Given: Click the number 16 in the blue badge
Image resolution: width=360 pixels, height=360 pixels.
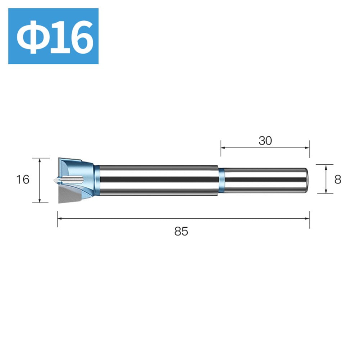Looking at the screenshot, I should [70, 37].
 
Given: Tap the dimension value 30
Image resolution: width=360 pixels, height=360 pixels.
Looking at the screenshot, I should [265, 141].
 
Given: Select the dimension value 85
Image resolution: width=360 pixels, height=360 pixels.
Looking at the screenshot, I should [181, 232].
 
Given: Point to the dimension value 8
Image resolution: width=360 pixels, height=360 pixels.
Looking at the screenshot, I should [337, 179].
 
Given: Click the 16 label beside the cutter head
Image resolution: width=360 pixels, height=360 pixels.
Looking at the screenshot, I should [23, 179].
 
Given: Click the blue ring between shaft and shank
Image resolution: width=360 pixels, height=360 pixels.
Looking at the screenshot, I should [222, 180].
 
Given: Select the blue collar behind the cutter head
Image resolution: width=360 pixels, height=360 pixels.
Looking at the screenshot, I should [97, 180].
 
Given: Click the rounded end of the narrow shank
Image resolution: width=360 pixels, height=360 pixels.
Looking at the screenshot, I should [306, 180].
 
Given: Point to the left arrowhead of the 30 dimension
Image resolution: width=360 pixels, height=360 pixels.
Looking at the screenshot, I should [222, 147].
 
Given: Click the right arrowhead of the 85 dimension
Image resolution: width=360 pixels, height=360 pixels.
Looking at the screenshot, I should [308, 218].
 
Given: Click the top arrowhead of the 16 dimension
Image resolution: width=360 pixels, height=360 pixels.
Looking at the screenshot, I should [39, 160].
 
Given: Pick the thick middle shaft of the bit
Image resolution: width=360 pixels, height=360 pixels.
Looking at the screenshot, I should [158, 180].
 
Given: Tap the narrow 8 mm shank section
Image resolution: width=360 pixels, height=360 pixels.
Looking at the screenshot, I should [264, 180].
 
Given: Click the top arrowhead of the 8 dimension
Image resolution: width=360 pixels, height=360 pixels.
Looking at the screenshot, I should [326, 166].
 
